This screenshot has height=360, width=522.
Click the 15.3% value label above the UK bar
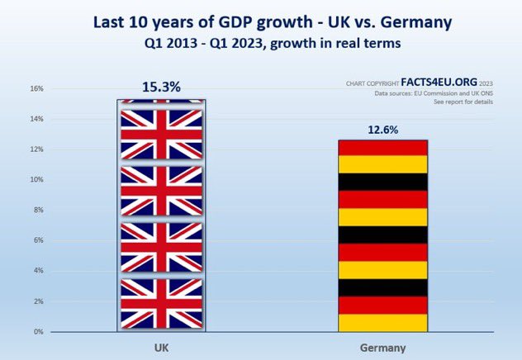(x=162, y=85)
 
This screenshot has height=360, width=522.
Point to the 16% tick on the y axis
(x=36, y=88)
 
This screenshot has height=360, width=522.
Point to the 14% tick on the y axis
(x=36, y=119)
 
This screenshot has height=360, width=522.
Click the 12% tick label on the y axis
(x=36, y=149)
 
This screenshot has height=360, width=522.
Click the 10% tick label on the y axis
(x=36, y=180)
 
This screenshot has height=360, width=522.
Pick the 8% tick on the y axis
(x=38, y=211)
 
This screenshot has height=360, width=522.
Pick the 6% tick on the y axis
(x=38, y=240)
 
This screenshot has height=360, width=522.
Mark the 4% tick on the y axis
(x=38, y=271)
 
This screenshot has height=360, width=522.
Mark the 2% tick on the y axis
(x=38, y=301)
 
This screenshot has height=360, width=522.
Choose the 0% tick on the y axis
(x=38, y=332)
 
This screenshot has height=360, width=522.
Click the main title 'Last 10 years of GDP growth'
(x=260, y=21)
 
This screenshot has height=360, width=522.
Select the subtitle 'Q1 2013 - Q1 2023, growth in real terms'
(x=260, y=45)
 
